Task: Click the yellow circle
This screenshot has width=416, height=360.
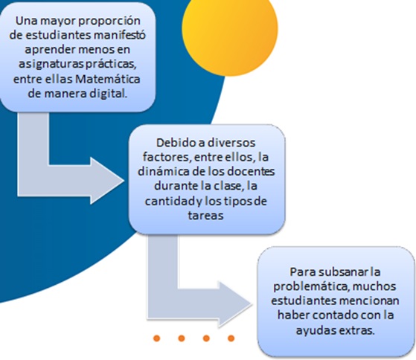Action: pyautogui.click(x=230, y=29)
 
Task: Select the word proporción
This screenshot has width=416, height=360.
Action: pyautogui.click(x=109, y=22)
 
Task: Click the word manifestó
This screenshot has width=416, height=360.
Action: pyautogui.click(x=120, y=35)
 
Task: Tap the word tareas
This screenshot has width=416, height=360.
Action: pyautogui.click(x=205, y=215)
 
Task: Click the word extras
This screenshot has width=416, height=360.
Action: pyautogui.click(x=358, y=330)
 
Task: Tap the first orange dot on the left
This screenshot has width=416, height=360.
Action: pyautogui.click(x=156, y=338)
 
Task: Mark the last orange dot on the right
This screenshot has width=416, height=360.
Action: pyautogui.click(x=231, y=338)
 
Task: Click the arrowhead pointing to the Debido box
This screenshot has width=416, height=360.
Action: pyautogui.click(x=107, y=181)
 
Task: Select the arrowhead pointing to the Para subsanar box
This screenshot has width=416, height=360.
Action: pyautogui.click(x=235, y=304)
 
